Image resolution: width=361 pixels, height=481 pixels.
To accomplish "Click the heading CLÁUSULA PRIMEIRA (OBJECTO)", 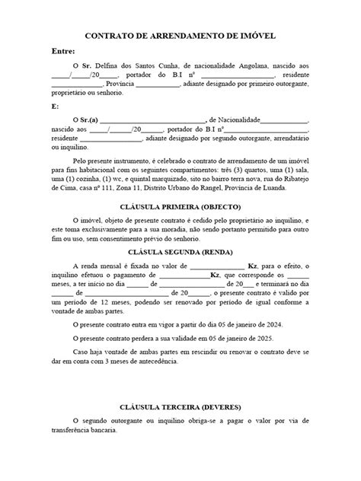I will coord(180,207).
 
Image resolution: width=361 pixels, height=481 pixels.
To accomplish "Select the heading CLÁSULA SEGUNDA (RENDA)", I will coord(180,252).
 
